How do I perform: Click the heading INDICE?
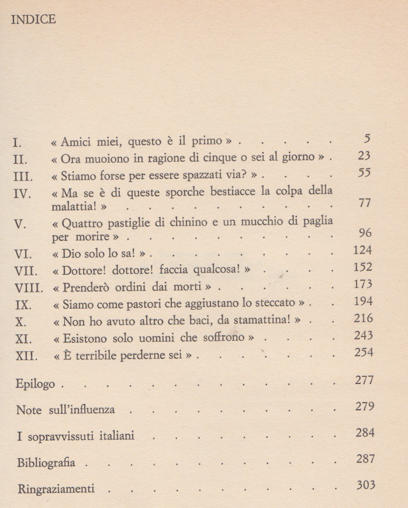tap(33, 20)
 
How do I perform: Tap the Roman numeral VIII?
tap(26, 288)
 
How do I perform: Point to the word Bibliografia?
tap(46, 463)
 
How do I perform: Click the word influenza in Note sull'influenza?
tap(92, 410)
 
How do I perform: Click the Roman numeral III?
tap(23, 175)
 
